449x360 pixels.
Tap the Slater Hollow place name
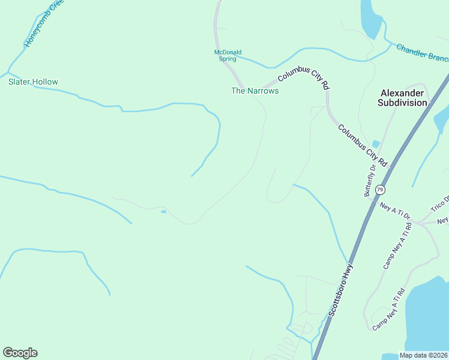tap(33, 82)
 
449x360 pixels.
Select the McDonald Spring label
tap(228, 55)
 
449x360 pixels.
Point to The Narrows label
tap(255, 91)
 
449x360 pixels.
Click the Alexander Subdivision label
tap(402, 98)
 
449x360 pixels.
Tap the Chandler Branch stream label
tap(423, 52)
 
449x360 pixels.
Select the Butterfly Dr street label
tap(369, 180)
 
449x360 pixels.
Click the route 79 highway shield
tap(380, 190)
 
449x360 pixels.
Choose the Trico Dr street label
tap(439, 204)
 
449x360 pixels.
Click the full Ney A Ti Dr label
tap(394, 210)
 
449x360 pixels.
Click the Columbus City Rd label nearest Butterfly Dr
tap(363, 146)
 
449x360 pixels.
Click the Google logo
tap(20, 353)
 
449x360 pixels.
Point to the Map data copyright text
tap(424, 355)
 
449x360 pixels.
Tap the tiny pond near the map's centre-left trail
tap(163, 211)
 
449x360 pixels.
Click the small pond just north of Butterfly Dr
tap(376, 144)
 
